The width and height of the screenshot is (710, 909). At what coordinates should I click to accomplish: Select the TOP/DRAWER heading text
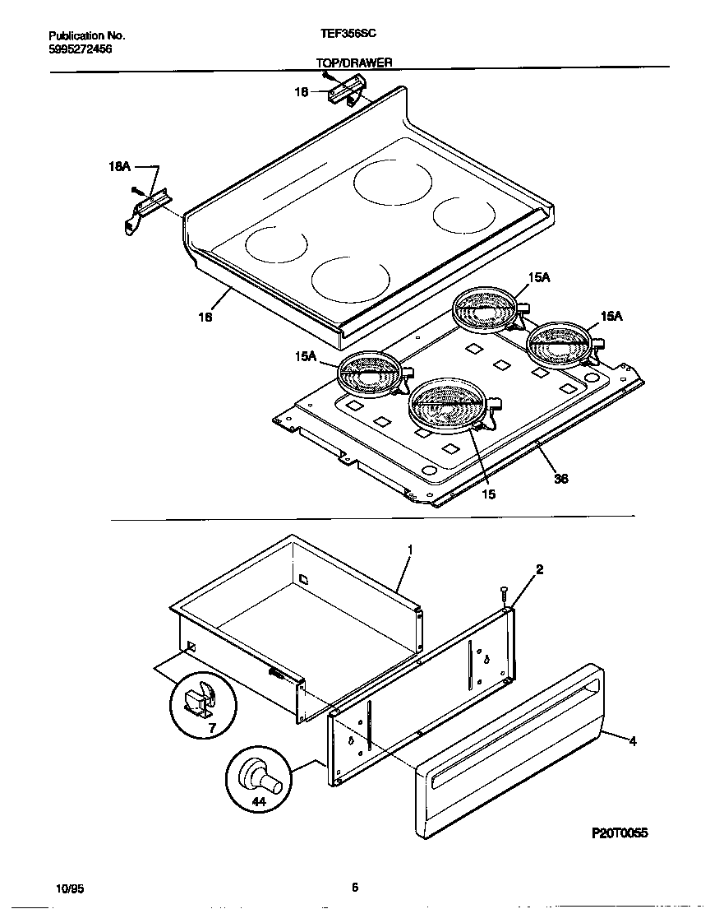(x=354, y=63)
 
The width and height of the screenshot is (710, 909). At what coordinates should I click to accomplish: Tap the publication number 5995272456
(x=81, y=49)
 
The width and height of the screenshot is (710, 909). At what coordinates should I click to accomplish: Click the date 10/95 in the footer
(x=69, y=888)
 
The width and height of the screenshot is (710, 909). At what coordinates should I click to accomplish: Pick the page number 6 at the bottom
(x=355, y=887)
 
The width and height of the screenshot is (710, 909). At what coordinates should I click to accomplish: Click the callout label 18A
(x=120, y=166)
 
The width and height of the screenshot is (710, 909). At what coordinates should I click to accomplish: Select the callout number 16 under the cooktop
(x=206, y=317)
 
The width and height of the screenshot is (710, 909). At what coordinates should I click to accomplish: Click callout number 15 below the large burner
(x=488, y=494)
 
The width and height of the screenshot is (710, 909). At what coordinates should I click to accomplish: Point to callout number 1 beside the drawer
(x=409, y=549)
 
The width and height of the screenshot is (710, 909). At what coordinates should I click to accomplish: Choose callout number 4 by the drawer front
(x=633, y=741)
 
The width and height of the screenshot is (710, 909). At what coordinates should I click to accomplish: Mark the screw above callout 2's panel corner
(x=503, y=593)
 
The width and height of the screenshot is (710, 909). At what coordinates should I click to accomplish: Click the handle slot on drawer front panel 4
(x=509, y=734)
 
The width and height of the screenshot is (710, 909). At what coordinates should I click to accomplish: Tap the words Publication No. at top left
(x=87, y=36)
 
